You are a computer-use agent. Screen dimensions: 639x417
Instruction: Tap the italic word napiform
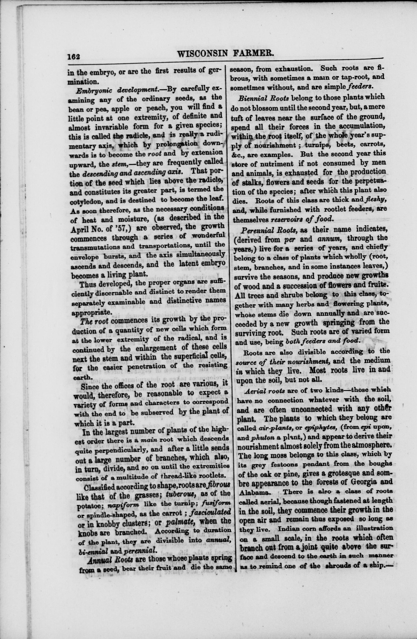[122, 505]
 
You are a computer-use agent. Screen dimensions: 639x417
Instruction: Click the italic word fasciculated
[210, 512]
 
